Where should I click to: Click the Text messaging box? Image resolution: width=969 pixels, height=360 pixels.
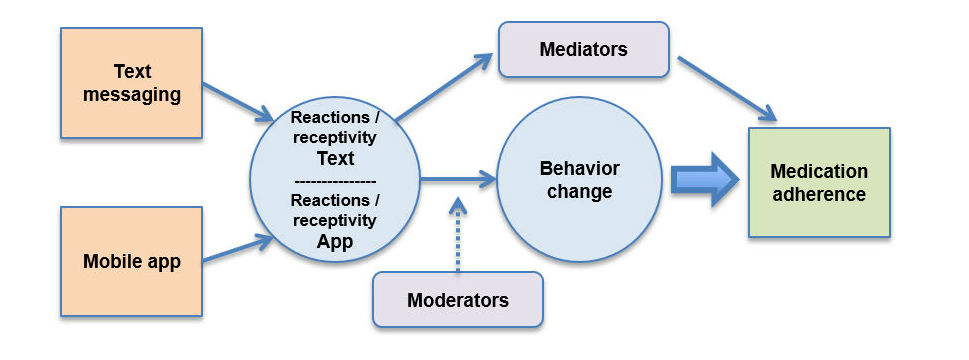point(132,83)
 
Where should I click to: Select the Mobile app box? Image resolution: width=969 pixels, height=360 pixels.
point(132,262)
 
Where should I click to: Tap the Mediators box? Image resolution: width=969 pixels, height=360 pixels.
point(584,49)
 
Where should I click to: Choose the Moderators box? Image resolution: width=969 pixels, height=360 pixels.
point(458,299)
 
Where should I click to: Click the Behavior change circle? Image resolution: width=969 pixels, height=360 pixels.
point(580,179)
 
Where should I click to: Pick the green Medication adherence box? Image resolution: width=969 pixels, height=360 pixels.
point(819,182)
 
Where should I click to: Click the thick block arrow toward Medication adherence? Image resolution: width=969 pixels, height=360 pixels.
point(705,179)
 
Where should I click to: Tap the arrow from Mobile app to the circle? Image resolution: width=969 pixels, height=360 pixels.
point(239,248)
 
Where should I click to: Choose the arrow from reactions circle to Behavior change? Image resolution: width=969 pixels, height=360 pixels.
point(459,179)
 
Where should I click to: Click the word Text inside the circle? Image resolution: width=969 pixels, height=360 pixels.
point(336,158)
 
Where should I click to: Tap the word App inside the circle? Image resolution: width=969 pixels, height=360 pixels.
point(335,242)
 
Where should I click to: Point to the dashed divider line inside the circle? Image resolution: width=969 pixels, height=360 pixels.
point(335,182)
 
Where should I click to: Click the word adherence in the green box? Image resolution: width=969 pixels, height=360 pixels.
point(819,194)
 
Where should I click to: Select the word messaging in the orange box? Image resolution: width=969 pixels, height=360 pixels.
point(132,96)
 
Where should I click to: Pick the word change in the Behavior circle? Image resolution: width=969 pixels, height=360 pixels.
point(580,191)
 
